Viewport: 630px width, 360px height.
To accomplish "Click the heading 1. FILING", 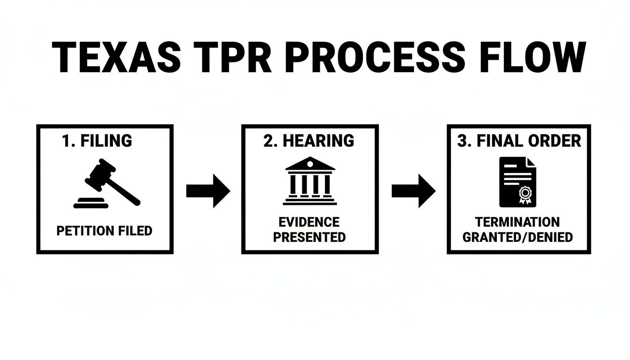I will pos(97,141).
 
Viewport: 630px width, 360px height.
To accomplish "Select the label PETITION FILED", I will pos(104,231).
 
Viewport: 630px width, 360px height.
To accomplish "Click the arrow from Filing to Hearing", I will pos(208,191).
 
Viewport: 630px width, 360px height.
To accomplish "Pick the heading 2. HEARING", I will pos(309,141).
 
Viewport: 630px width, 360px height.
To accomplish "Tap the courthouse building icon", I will pos(310,181).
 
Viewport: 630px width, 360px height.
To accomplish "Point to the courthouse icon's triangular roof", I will pos(310,164).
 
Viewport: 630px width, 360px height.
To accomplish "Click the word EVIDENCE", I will pos(309,222).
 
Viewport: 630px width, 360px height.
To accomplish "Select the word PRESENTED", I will pos(309,237).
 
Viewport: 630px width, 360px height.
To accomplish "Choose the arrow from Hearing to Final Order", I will pos(413,191).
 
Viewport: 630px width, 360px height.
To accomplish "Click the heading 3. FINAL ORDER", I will pos(519,141).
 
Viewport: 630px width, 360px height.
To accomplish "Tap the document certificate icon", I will pos(517,182).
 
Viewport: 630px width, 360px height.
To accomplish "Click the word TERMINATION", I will pos(517,222).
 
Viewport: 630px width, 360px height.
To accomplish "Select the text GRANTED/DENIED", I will pos(517,237).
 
